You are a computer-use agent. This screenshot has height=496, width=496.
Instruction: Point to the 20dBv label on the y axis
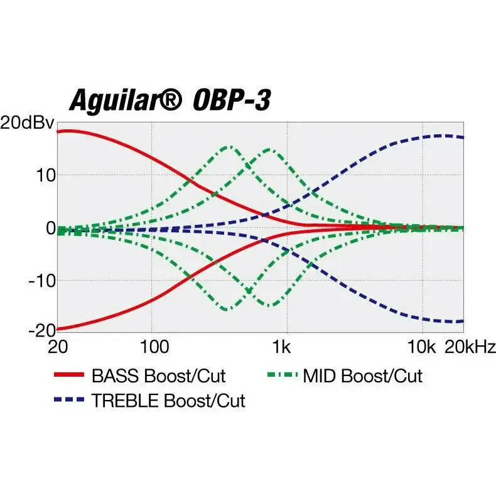point(28,122)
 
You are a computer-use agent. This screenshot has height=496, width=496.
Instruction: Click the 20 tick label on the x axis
point(58,347)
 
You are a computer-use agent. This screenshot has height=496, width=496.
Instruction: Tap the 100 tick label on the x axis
point(151,347)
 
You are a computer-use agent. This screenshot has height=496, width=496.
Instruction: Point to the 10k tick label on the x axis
point(421,347)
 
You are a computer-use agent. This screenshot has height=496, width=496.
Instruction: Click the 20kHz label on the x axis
point(470,347)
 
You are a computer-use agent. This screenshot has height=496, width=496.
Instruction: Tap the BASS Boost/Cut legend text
point(158,376)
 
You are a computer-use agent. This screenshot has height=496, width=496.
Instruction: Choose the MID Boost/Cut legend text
point(362,376)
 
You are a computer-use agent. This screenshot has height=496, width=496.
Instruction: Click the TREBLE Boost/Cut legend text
point(168,401)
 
